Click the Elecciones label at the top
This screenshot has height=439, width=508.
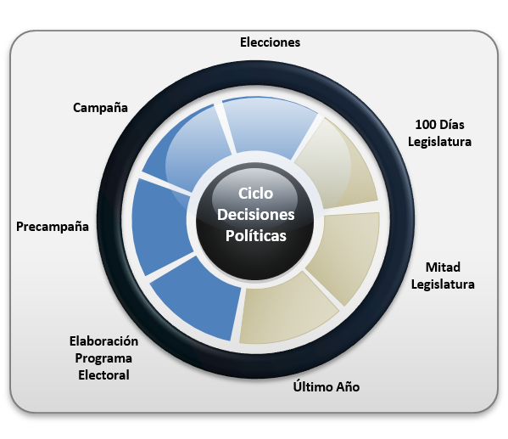click(x=270, y=42)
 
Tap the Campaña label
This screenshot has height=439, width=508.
click(x=100, y=108)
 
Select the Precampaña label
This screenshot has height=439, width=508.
click(x=53, y=227)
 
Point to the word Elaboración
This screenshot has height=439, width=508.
click(x=103, y=341)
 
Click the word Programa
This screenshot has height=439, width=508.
click(x=103, y=358)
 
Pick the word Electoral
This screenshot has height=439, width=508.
click(x=103, y=375)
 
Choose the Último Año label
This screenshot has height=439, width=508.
click(x=327, y=386)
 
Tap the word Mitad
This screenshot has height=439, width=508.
click(x=443, y=267)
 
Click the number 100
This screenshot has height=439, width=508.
click(x=426, y=125)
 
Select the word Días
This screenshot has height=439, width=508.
click(x=452, y=125)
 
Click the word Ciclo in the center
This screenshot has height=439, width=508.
click(x=255, y=194)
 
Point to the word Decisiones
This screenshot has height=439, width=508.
click(x=255, y=215)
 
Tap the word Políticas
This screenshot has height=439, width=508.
click(x=255, y=236)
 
